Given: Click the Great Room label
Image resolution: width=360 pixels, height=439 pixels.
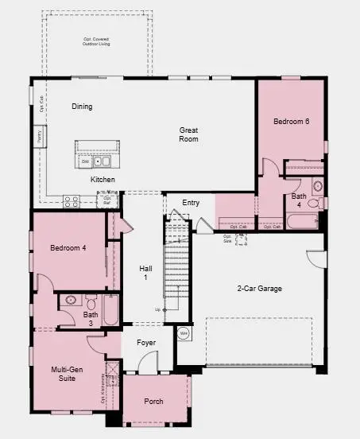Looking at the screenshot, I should (188, 134).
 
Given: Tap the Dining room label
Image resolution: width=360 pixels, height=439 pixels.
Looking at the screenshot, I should (82, 107).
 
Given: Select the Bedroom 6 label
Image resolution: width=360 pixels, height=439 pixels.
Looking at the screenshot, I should (291, 122).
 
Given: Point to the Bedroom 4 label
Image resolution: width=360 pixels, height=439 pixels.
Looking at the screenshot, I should (68, 248).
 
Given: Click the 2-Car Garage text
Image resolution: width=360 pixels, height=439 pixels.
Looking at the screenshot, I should (259, 289).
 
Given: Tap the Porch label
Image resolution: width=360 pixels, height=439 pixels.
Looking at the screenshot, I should (153, 402).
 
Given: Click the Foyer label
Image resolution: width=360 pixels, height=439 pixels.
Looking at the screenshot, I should (146, 343).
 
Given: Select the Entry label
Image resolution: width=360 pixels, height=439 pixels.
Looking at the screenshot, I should (191, 203).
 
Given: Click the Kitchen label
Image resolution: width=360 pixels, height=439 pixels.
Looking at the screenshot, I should (103, 181).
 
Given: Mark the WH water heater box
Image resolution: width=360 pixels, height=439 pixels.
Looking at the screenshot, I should (183, 333).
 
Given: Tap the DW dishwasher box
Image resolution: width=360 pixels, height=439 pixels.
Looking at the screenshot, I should (85, 161).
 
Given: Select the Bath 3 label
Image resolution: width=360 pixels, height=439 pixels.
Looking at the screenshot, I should (91, 318).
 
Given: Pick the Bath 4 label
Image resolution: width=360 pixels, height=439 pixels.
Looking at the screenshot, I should (299, 200).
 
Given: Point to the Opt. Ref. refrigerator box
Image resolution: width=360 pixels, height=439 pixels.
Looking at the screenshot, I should (106, 200).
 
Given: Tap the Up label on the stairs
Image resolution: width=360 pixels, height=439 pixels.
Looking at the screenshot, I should (158, 309).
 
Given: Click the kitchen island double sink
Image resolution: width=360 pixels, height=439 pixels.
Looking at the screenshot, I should (103, 161).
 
